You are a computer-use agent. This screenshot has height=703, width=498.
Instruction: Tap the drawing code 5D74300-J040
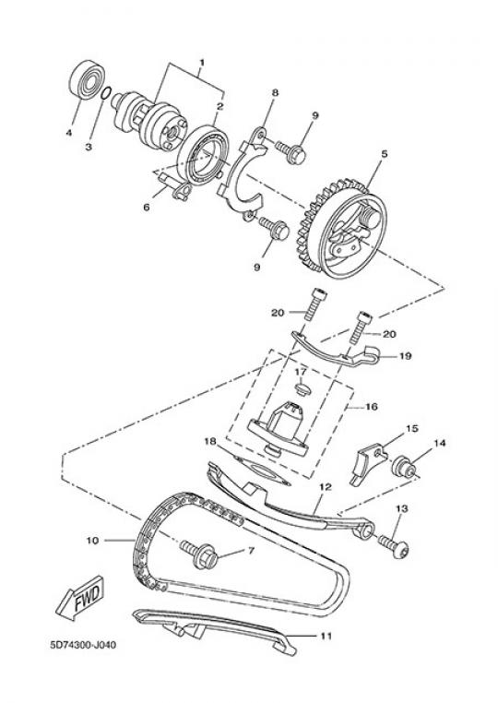(x=83, y=645)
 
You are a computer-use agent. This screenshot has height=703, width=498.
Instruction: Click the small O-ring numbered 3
(x=105, y=94)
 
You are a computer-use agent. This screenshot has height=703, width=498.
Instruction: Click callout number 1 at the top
(x=202, y=62)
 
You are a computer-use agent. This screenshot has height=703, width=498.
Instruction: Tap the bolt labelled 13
(x=394, y=544)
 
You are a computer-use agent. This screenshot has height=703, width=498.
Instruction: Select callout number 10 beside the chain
(x=92, y=541)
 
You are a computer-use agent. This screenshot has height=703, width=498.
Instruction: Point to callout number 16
(x=372, y=407)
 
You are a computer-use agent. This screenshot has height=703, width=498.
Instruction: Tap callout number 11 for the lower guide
(x=326, y=636)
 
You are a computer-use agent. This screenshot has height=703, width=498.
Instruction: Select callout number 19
(x=405, y=356)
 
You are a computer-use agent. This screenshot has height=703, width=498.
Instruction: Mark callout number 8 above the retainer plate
(x=275, y=93)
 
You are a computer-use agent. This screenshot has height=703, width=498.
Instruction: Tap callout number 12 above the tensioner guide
(x=325, y=486)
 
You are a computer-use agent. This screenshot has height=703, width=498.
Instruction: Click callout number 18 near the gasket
(x=210, y=441)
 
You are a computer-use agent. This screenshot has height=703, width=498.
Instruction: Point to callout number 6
(x=147, y=208)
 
